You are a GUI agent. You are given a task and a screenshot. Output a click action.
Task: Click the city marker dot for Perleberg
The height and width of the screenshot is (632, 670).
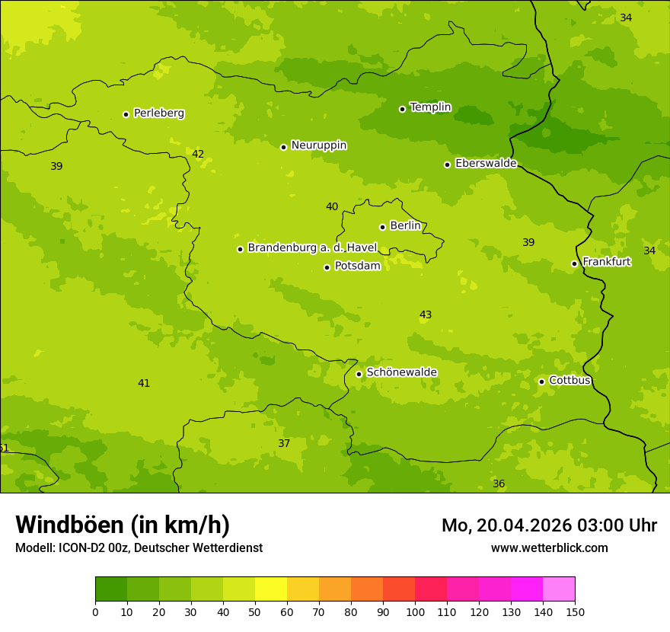(x=126, y=114)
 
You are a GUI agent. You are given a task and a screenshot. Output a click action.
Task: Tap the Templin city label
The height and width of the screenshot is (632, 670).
(x=430, y=107)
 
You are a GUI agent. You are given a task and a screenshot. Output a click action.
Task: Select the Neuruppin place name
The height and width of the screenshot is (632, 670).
(x=318, y=145)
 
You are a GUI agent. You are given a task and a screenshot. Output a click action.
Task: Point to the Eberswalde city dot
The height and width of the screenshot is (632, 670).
(x=448, y=164)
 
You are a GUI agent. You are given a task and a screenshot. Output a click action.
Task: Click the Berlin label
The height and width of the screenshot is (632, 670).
(x=405, y=226)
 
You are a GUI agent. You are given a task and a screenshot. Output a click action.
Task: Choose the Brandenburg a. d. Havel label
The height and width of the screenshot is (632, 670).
(x=312, y=248)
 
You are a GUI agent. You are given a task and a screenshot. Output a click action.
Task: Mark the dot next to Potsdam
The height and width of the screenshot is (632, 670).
(x=327, y=267)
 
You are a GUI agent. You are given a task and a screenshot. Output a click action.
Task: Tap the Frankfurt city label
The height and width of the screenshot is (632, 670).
(x=606, y=262)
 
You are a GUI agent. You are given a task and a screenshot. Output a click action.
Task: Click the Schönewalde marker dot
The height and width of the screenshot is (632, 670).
(x=359, y=374)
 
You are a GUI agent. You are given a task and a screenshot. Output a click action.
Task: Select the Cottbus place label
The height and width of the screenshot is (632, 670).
(x=569, y=381)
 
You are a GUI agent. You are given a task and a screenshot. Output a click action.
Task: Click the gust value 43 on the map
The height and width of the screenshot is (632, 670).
(x=426, y=315)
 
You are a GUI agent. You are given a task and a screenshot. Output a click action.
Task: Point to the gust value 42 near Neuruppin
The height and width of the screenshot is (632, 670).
(x=198, y=155)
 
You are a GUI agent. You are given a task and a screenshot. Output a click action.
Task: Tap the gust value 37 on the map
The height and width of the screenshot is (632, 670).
(x=284, y=444)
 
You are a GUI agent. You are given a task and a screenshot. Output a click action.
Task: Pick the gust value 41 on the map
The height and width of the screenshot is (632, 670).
(x=144, y=384)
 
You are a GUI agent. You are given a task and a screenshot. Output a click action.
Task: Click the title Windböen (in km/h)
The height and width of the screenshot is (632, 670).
(x=123, y=525)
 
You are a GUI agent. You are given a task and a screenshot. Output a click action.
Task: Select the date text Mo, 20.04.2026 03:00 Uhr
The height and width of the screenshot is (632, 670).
(x=549, y=525)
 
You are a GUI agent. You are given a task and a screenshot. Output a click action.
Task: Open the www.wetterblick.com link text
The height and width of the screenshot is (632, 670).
(x=549, y=548)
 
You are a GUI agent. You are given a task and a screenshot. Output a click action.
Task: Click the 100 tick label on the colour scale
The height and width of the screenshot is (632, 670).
(x=415, y=611)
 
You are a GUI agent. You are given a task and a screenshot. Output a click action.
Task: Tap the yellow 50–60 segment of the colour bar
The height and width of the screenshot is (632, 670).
(x=270, y=589)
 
